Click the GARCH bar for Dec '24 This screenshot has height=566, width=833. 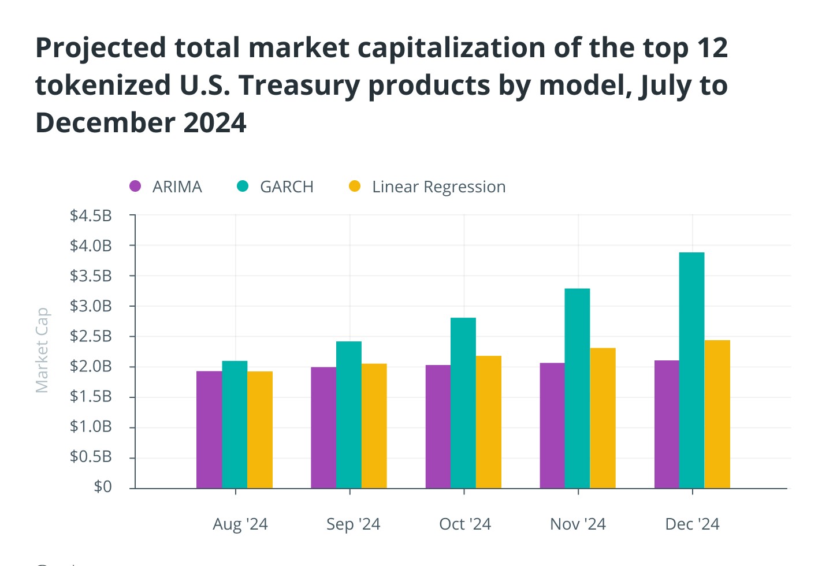[691, 370]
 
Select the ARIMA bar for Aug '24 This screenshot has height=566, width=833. [209, 430]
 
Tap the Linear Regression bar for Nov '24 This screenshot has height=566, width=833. [603, 418]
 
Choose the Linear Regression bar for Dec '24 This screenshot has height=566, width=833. [717, 414]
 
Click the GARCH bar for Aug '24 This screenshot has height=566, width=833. [235, 425]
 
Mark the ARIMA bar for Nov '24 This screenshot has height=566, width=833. [552, 426]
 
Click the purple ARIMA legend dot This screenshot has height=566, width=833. [135, 186]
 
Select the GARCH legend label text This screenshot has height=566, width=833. [287, 187]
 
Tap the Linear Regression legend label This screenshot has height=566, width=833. [438, 187]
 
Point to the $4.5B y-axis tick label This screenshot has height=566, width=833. [91, 216]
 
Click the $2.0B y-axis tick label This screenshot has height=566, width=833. [91, 366]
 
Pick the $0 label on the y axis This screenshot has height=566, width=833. [103, 487]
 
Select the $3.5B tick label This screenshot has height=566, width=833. [91, 276]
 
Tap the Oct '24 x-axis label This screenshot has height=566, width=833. [465, 524]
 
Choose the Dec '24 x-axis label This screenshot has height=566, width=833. [692, 524]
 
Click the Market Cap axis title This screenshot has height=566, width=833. [42, 350]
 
